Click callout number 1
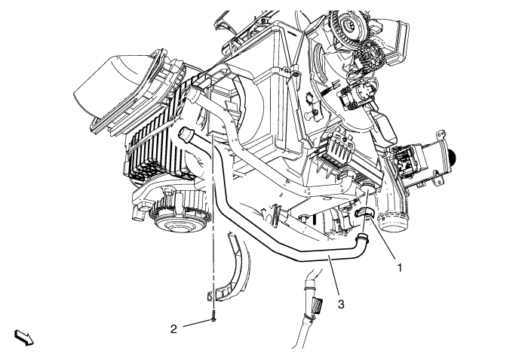(400, 268)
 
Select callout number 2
(173, 329)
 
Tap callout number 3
(341, 304)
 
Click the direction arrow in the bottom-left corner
(24, 338)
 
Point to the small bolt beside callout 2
(213, 318)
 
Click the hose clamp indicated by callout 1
(364, 214)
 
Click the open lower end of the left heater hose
(186, 134)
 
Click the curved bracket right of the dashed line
(235, 266)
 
